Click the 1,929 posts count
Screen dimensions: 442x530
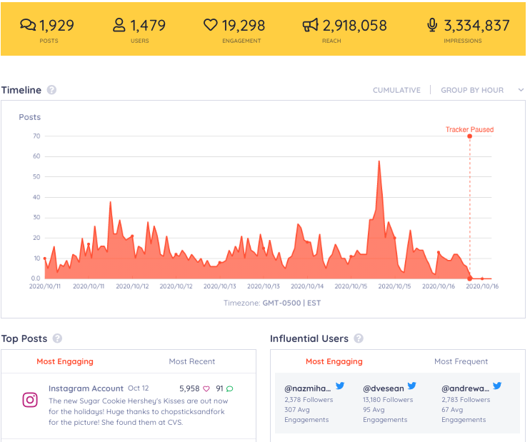(x=56, y=26)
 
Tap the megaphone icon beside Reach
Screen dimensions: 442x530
(x=310, y=26)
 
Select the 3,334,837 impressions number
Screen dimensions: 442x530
(x=476, y=26)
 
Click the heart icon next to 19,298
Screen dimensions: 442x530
(x=210, y=26)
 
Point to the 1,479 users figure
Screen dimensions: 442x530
(x=148, y=26)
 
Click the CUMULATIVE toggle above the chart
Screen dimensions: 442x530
(x=396, y=91)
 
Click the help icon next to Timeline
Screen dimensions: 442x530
(x=51, y=91)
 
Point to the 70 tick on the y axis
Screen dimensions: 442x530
(x=36, y=136)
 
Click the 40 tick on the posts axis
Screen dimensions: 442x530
(x=36, y=197)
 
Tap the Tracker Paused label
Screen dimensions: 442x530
(x=469, y=130)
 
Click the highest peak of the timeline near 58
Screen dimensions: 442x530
(x=379, y=161)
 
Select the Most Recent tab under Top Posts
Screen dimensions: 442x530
(x=191, y=361)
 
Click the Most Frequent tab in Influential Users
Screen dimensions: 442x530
(x=461, y=361)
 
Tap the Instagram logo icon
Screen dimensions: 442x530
(x=30, y=400)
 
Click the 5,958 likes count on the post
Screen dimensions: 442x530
(x=189, y=389)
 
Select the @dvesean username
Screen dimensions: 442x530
(x=384, y=388)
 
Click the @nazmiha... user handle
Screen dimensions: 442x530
(x=308, y=388)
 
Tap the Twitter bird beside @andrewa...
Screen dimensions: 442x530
(x=497, y=386)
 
